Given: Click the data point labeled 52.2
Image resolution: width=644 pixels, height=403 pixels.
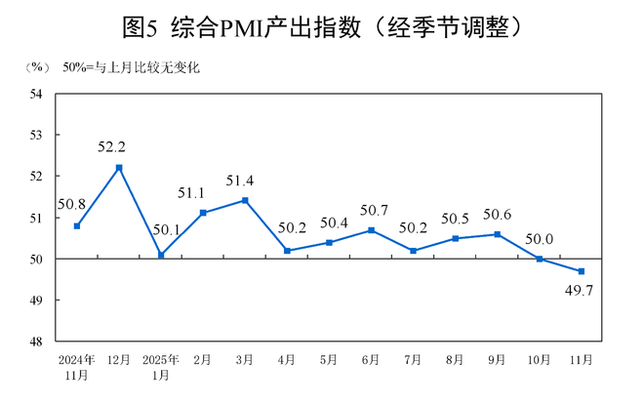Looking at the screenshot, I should pyautogui.click(x=119, y=168).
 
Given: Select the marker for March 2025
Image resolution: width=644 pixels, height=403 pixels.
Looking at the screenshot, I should pyautogui.click(x=245, y=200).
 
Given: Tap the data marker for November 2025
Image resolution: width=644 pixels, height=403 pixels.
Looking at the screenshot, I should pyautogui.click(x=583, y=271).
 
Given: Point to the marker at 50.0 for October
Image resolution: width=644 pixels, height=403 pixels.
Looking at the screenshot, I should pyautogui.click(x=541, y=259).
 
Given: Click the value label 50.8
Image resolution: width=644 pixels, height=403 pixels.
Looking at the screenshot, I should pyautogui.click(x=75, y=204).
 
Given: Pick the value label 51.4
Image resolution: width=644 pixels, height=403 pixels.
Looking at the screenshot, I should pyautogui.click(x=245, y=181).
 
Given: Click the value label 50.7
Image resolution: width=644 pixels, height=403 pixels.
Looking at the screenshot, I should pyautogui.click(x=372, y=210).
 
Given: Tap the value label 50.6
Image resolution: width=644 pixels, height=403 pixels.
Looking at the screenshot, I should pyautogui.click(x=498, y=215).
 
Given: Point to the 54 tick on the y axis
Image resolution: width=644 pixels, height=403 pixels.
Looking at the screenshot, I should pyautogui.click(x=36, y=94).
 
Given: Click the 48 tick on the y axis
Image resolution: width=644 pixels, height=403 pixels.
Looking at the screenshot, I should pyautogui.click(x=36, y=342).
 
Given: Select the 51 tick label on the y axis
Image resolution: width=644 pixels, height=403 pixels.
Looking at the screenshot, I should pyautogui.click(x=36, y=218).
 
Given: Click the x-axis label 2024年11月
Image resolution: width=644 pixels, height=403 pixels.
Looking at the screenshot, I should pyautogui.click(x=76, y=366).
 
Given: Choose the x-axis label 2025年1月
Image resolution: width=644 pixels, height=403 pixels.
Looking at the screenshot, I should pyautogui.click(x=160, y=366).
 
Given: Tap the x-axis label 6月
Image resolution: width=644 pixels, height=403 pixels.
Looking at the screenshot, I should pyautogui.click(x=371, y=360).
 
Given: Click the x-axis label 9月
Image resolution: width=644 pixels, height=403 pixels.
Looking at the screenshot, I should pyautogui.click(x=498, y=360).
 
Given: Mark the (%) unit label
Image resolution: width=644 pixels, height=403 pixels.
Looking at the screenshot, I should pyautogui.click(x=36, y=68).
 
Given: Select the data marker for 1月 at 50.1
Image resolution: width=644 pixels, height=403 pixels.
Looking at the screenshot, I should pyautogui.click(x=161, y=255).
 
